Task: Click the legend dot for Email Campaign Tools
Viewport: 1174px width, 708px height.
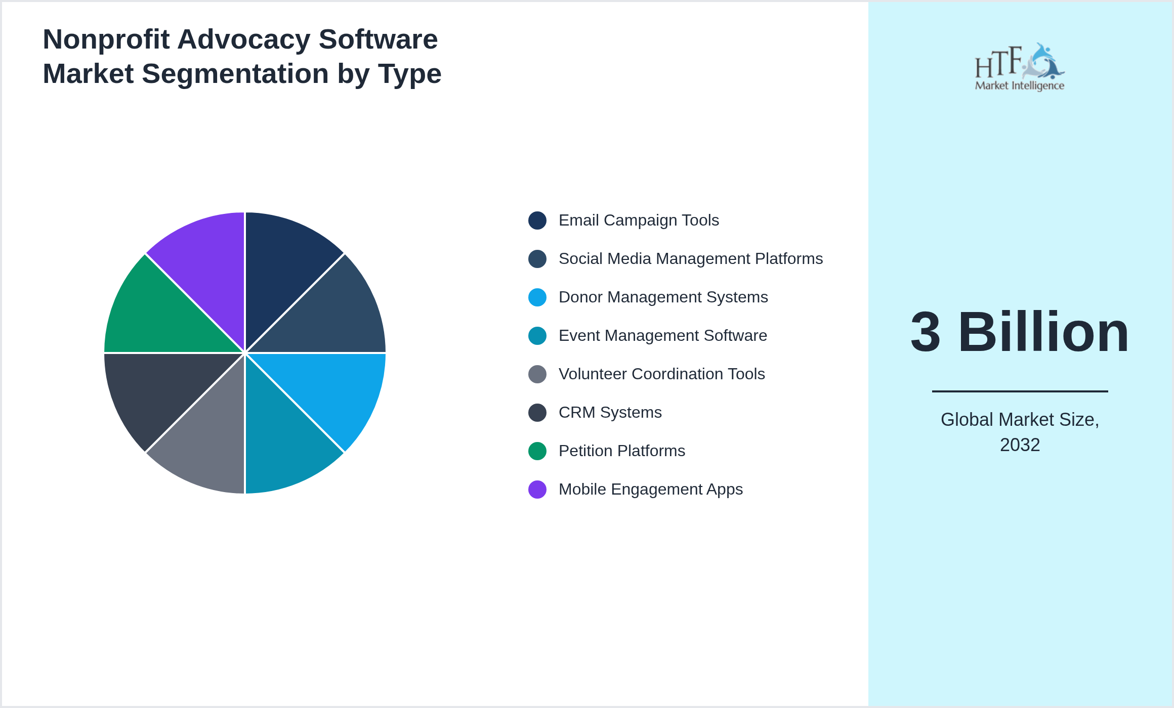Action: [537, 220]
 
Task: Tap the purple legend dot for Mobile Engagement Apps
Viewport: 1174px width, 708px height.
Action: [537, 490]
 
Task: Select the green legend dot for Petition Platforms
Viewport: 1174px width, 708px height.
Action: [537, 451]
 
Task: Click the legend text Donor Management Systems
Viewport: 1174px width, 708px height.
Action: [663, 297]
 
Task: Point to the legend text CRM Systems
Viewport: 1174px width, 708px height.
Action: [610, 413]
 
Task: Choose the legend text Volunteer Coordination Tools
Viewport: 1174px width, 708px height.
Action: [661, 374]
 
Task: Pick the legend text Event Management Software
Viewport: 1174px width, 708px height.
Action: [662, 336]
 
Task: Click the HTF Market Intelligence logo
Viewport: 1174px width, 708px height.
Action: [1019, 67]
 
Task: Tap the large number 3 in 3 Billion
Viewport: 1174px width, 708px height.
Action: [926, 333]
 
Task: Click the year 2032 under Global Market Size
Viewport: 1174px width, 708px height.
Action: [1020, 445]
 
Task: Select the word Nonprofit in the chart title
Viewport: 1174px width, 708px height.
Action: [106, 39]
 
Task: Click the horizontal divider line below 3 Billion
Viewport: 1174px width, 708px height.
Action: [1020, 391]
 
